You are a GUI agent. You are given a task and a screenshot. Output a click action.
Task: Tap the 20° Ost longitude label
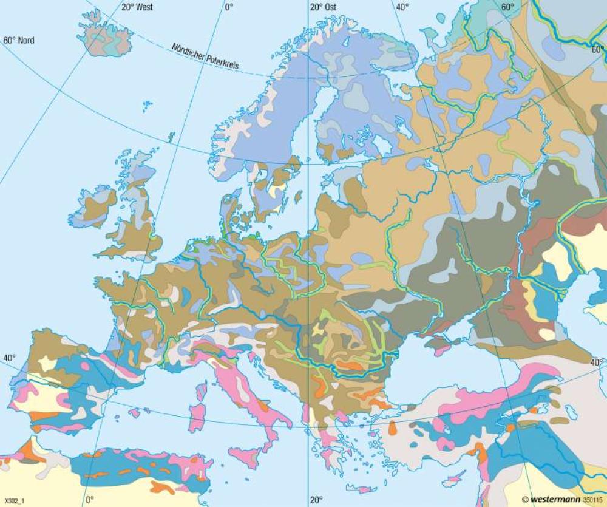pos(324,7)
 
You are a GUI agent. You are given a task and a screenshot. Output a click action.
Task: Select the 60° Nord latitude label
pos(19,41)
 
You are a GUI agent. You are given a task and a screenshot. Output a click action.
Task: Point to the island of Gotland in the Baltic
pos(298,197)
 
